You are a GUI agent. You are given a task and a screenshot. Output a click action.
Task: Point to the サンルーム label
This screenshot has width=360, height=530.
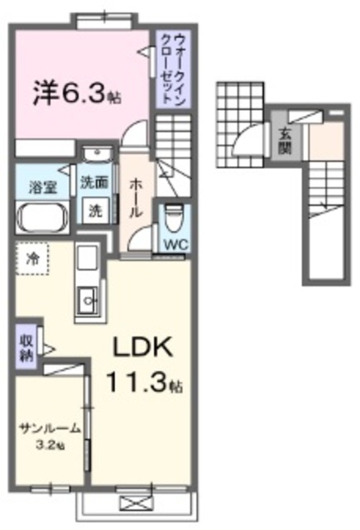point(50,428)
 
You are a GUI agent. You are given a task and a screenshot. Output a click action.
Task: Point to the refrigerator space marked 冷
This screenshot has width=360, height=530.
point(32,257)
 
